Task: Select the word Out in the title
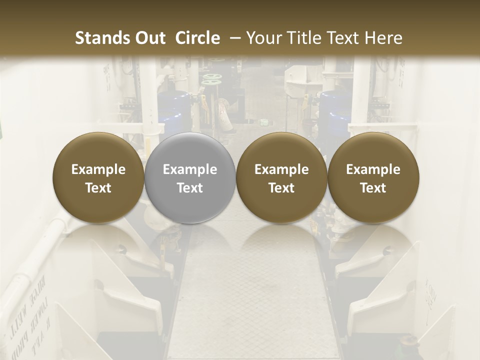149,38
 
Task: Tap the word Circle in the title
197,38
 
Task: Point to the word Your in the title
263,38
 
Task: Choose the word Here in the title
382,38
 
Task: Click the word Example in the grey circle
190,169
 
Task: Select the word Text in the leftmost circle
98,188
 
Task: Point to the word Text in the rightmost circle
373,188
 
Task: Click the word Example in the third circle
281,169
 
